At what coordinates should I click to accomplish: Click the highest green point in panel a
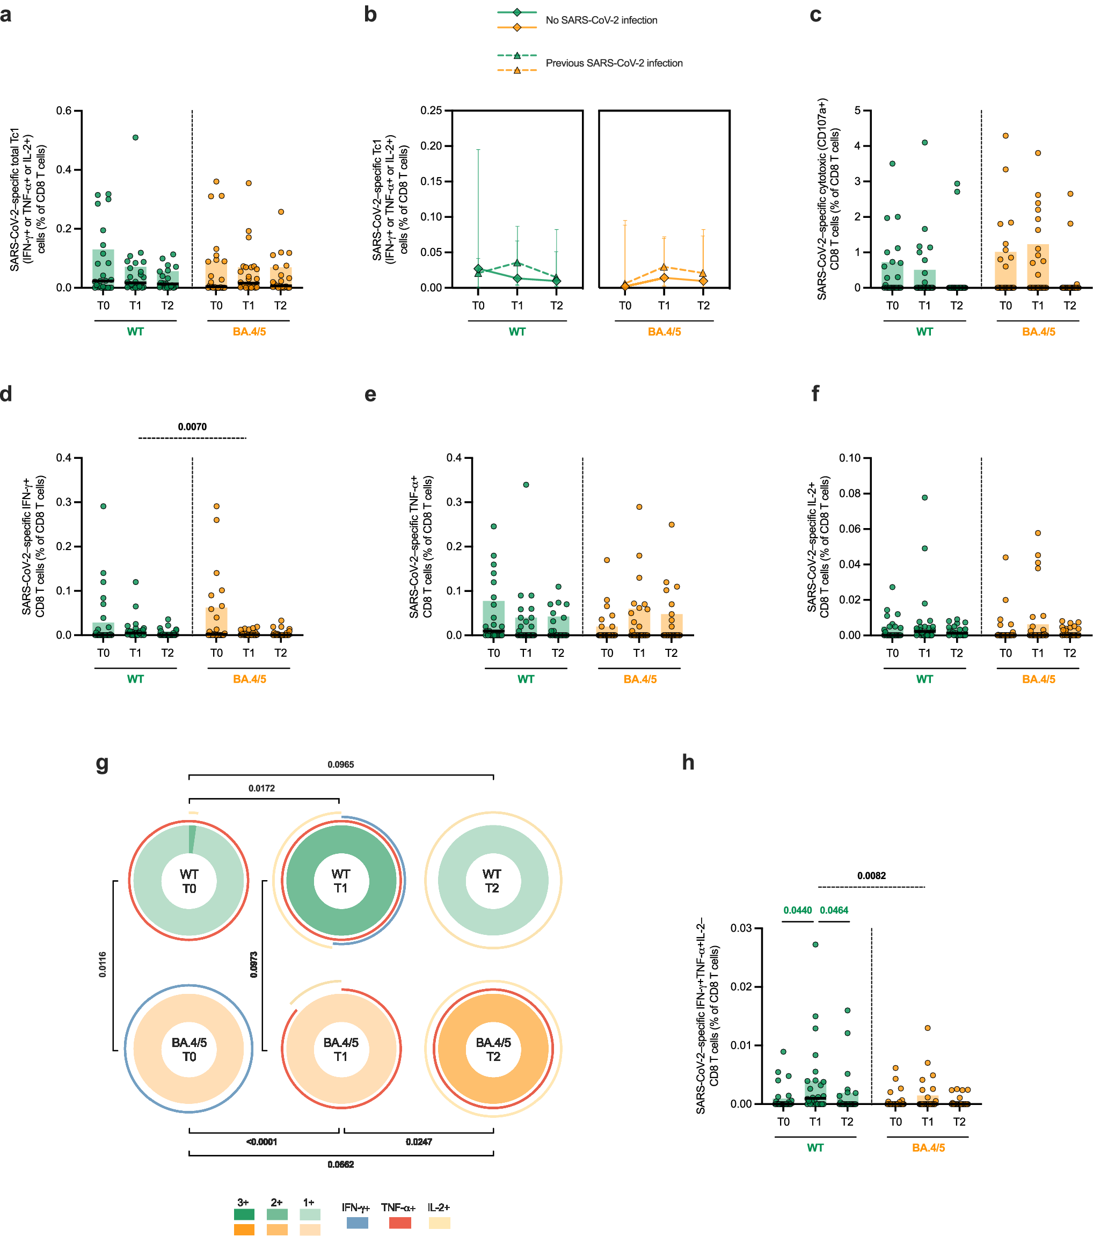click(136, 137)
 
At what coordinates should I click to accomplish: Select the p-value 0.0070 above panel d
click(192, 427)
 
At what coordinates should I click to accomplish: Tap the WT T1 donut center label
click(341, 881)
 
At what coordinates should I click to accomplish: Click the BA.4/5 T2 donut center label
click(493, 1049)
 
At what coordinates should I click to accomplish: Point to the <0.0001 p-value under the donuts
click(261, 1141)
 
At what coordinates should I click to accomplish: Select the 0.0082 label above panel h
click(871, 876)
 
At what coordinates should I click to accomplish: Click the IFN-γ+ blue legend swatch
click(358, 1223)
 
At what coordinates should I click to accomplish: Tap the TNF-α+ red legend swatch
click(399, 1223)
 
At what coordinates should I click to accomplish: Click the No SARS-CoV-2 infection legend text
click(601, 20)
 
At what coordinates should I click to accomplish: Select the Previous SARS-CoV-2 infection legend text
click(614, 63)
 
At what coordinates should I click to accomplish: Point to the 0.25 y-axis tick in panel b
click(431, 111)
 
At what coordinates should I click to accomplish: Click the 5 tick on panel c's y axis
click(857, 111)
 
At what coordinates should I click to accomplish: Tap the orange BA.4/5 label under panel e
click(639, 679)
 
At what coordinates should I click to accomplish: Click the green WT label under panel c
click(924, 332)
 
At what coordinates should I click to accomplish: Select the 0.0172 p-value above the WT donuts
click(261, 788)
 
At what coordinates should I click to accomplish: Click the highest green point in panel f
click(924, 497)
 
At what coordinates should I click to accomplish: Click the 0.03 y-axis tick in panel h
click(741, 928)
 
